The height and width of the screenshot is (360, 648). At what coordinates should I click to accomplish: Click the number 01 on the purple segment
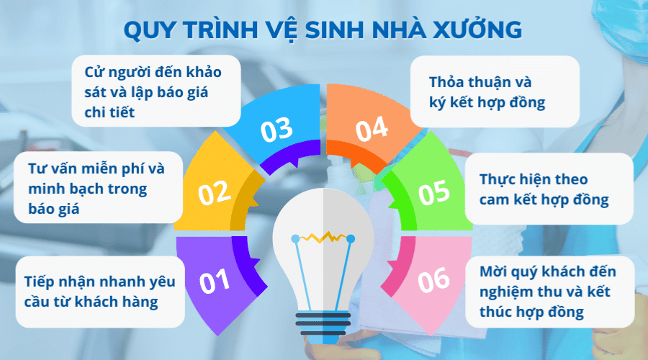214,282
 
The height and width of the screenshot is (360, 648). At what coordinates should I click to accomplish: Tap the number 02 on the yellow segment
214,192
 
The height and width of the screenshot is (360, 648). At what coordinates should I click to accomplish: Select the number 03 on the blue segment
276,130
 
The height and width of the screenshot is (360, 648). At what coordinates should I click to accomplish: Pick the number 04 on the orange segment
372,130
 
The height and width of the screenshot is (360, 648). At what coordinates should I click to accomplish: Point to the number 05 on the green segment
433,192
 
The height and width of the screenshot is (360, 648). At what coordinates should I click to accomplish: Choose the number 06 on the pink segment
433,280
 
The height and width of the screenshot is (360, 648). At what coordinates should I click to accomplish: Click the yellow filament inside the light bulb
324,236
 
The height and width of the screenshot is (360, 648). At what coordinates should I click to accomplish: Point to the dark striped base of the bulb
324,324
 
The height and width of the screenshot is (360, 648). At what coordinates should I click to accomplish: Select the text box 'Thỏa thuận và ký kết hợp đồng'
495,92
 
